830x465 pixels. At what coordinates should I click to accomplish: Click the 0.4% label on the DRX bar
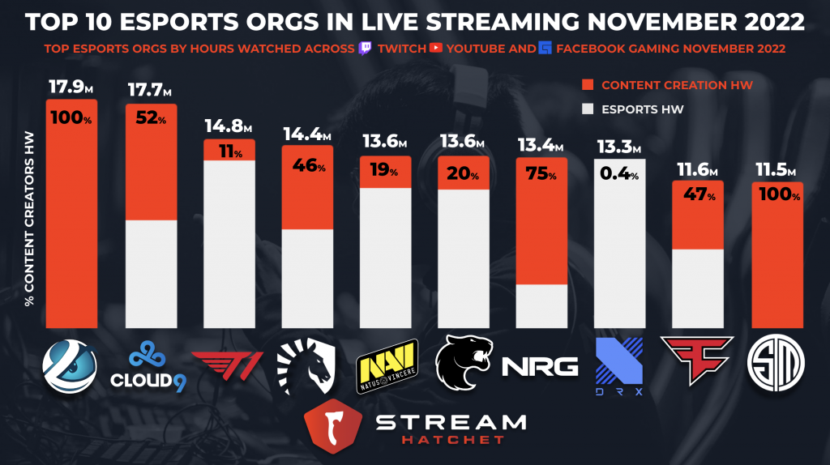tap(618, 171)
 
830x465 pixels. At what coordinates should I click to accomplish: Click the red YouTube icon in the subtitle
tap(437, 48)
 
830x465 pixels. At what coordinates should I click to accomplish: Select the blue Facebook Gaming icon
tap(544, 48)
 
